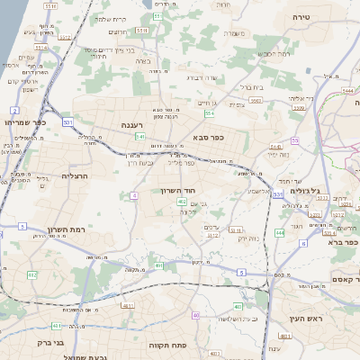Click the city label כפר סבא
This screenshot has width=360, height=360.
[207, 137]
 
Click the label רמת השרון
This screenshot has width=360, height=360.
[65, 230]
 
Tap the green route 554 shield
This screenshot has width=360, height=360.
[210, 113]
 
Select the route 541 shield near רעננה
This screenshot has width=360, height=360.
[140, 137]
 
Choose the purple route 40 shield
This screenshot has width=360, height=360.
[196, 315]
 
